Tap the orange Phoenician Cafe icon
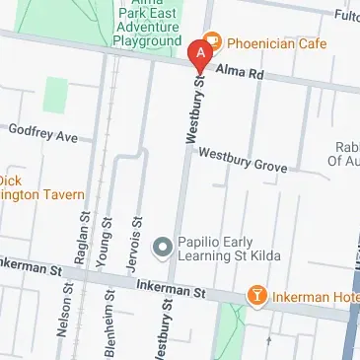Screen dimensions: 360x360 [214, 44]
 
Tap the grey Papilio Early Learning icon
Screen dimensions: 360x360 [164, 245]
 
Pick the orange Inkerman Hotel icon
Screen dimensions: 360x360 [257, 295]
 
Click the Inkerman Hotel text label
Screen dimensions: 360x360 [315, 295]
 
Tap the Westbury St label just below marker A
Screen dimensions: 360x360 [191, 108]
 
